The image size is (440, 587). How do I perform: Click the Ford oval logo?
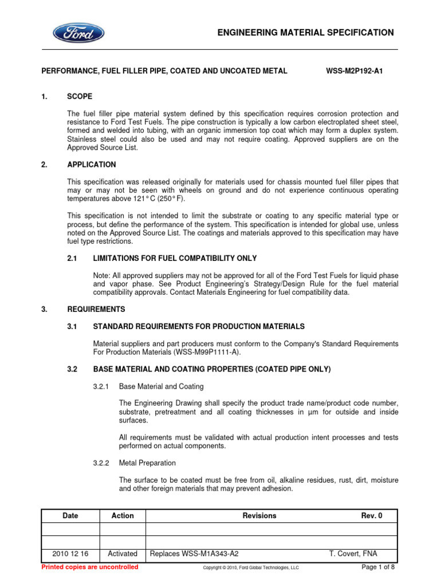pyautogui.click(x=79, y=32)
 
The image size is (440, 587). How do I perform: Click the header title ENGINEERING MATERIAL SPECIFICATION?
pyautogui.click(x=306, y=33)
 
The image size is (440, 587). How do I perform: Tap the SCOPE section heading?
pyautogui.click(x=80, y=97)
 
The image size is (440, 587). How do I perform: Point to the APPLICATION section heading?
pyautogui.click(x=92, y=165)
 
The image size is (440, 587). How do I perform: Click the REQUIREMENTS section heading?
pyautogui.click(x=96, y=310)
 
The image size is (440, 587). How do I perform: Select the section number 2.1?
pyautogui.click(x=72, y=259)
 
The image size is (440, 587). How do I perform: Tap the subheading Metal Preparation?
pyautogui.click(x=147, y=463)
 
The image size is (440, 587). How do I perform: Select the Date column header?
pyautogui.click(x=70, y=516)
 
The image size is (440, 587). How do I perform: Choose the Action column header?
pyautogui.click(x=123, y=516)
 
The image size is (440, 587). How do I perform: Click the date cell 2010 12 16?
pyautogui.click(x=70, y=554)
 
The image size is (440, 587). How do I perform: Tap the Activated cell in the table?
pyautogui.click(x=123, y=554)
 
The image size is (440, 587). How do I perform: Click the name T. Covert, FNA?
pyautogui.click(x=353, y=554)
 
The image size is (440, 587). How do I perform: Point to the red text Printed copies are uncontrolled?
pyautogui.click(x=91, y=567)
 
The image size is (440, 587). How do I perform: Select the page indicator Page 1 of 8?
pyautogui.click(x=378, y=567)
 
